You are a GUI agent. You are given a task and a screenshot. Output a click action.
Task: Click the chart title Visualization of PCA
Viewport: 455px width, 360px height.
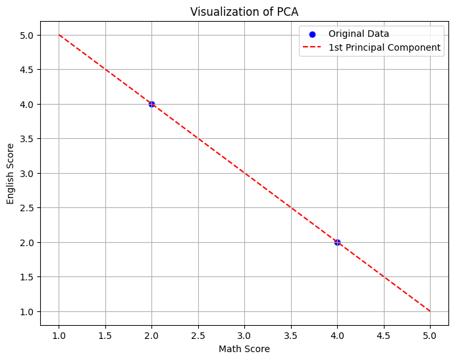(244, 12)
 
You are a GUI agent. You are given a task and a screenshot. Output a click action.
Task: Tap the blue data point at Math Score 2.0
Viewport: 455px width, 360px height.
(151, 104)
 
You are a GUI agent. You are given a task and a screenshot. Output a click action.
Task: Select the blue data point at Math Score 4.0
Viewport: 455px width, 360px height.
(337, 242)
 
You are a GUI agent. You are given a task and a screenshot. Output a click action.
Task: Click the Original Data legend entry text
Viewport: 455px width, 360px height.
(358, 34)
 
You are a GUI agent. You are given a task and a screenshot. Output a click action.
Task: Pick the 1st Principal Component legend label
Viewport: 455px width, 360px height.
(385, 47)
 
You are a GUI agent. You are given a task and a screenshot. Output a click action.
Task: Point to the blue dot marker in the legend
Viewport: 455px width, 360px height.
(312, 34)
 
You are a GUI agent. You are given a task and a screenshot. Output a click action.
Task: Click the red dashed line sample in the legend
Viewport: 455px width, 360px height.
(312, 47)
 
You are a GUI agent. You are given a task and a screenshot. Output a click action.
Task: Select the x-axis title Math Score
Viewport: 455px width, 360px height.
(244, 349)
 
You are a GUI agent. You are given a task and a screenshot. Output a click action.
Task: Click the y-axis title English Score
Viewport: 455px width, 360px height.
(11, 173)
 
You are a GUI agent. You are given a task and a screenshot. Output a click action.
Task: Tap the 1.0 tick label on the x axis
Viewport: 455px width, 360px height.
(59, 336)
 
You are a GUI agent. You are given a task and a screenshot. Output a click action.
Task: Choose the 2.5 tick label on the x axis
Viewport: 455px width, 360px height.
(198, 336)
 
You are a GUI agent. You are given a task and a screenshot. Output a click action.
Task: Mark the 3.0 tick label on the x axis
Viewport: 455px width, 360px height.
(244, 336)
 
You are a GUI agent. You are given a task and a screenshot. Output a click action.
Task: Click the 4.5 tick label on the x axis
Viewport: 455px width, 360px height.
(383, 336)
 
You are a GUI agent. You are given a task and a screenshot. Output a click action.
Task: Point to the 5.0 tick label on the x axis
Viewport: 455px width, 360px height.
(430, 336)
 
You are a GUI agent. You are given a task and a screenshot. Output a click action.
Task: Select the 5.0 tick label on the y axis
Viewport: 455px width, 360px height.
(28, 35)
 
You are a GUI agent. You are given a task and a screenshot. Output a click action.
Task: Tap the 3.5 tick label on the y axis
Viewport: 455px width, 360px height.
(28, 139)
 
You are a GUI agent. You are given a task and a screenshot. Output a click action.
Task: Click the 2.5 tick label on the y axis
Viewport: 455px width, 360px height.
(28, 208)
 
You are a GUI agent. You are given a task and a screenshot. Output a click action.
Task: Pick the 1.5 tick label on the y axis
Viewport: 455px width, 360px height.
(28, 277)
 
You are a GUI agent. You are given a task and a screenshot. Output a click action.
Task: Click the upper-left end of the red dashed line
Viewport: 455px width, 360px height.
(59, 35)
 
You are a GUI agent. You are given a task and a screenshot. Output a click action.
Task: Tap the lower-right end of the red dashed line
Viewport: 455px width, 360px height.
(430, 311)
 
